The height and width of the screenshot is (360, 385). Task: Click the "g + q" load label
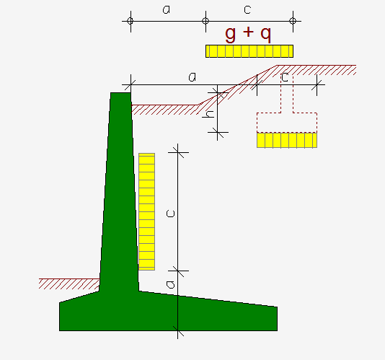(248, 34)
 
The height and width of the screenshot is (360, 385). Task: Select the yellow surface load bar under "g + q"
(249, 51)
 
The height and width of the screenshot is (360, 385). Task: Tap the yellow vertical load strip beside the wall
(146, 211)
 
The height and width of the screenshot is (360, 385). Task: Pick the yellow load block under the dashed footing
(287, 140)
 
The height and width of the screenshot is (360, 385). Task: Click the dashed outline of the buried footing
(287, 113)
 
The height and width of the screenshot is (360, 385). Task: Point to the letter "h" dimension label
(209, 114)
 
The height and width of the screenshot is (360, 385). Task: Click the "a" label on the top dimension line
(167, 9)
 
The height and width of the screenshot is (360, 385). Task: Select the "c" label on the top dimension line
(247, 9)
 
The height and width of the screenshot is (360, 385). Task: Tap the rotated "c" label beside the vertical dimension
(170, 214)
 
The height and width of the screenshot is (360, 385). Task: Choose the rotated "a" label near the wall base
(170, 284)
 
